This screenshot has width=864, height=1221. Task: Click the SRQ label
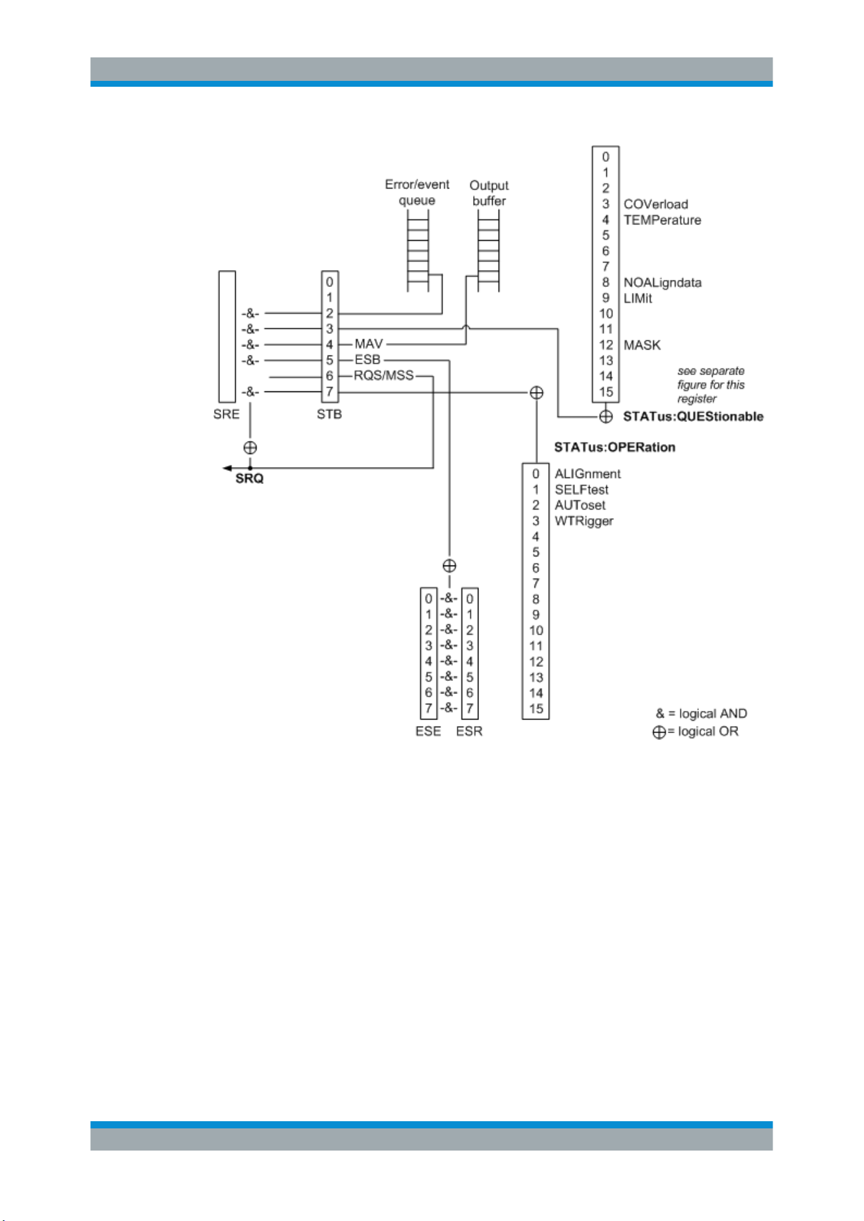249,479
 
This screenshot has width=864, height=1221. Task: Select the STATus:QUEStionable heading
693,417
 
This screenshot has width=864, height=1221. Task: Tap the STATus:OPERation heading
615,447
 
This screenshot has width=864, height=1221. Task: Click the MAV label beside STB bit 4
369,344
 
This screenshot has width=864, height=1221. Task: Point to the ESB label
367,359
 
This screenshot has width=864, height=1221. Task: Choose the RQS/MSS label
384,375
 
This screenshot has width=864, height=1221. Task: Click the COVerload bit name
656,204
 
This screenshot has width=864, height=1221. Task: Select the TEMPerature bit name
662,220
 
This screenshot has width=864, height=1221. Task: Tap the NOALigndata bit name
662,282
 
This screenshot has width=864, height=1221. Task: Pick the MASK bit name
642,345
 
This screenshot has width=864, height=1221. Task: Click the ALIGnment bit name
587,474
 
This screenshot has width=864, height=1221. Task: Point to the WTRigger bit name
584,521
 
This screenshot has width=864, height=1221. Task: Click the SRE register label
226,414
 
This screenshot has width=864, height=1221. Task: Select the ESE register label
428,731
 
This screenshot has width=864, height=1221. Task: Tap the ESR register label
469,731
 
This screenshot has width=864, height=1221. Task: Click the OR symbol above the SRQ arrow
250,448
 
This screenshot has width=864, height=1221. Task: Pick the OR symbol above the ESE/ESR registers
449,565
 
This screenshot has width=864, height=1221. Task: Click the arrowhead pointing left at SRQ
226,468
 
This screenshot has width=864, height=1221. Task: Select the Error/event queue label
417,192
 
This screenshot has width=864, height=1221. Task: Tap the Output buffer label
489,193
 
